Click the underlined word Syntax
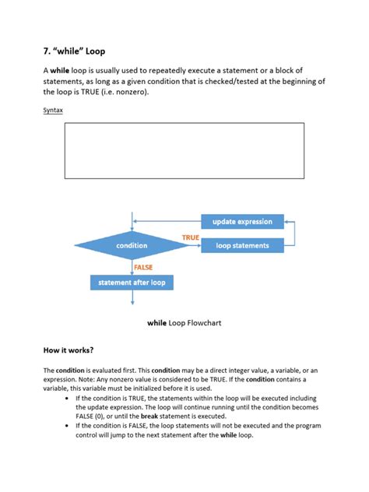click(53, 111)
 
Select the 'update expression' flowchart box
click(242, 222)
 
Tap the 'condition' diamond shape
click(132, 245)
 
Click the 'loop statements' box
click(242, 245)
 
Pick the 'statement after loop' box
click(132, 282)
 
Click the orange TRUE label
click(191, 237)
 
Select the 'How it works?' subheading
click(69, 350)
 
